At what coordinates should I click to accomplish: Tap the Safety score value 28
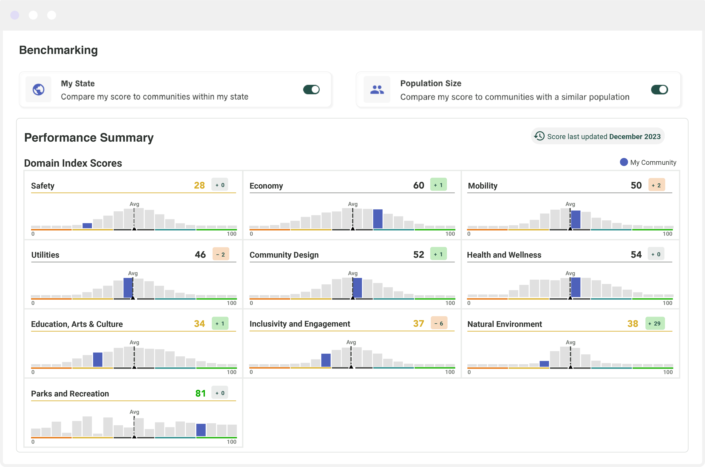(x=199, y=185)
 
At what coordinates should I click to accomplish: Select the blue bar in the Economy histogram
(x=378, y=219)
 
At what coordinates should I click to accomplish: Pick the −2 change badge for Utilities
(x=221, y=254)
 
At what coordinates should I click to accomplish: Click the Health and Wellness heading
(x=504, y=255)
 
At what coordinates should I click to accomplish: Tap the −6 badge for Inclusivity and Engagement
(x=439, y=323)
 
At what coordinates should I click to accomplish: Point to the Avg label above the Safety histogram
(x=134, y=204)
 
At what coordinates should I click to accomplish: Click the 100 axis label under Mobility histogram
(x=667, y=234)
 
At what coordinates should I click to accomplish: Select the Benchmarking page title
(x=58, y=50)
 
